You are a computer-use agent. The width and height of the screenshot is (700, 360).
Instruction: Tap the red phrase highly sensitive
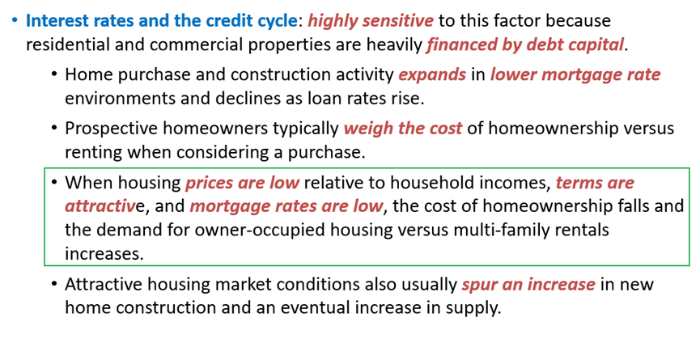click(x=371, y=21)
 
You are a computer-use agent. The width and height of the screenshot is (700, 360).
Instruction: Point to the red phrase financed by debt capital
click(x=525, y=44)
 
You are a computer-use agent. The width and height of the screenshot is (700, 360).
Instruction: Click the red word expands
click(x=432, y=75)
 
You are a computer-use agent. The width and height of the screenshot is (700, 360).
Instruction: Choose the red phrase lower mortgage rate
click(x=575, y=75)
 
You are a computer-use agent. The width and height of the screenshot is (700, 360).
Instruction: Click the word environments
click(x=120, y=98)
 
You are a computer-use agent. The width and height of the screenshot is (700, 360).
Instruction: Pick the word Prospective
click(x=112, y=129)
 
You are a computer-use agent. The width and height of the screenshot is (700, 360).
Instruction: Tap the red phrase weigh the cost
click(x=403, y=129)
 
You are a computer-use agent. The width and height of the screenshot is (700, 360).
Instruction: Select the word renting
click(x=94, y=152)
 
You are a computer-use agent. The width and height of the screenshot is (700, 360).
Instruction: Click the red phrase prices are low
click(x=243, y=183)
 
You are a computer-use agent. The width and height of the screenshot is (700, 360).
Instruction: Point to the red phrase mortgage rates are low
click(x=286, y=206)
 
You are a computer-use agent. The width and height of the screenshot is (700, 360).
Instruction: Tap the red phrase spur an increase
click(x=528, y=284)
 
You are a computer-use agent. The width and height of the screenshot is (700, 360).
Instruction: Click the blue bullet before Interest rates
click(x=15, y=20)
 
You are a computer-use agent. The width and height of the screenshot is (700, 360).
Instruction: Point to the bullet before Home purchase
click(x=54, y=74)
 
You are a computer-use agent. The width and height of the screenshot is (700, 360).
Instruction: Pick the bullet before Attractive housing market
click(x=54, y=284)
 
